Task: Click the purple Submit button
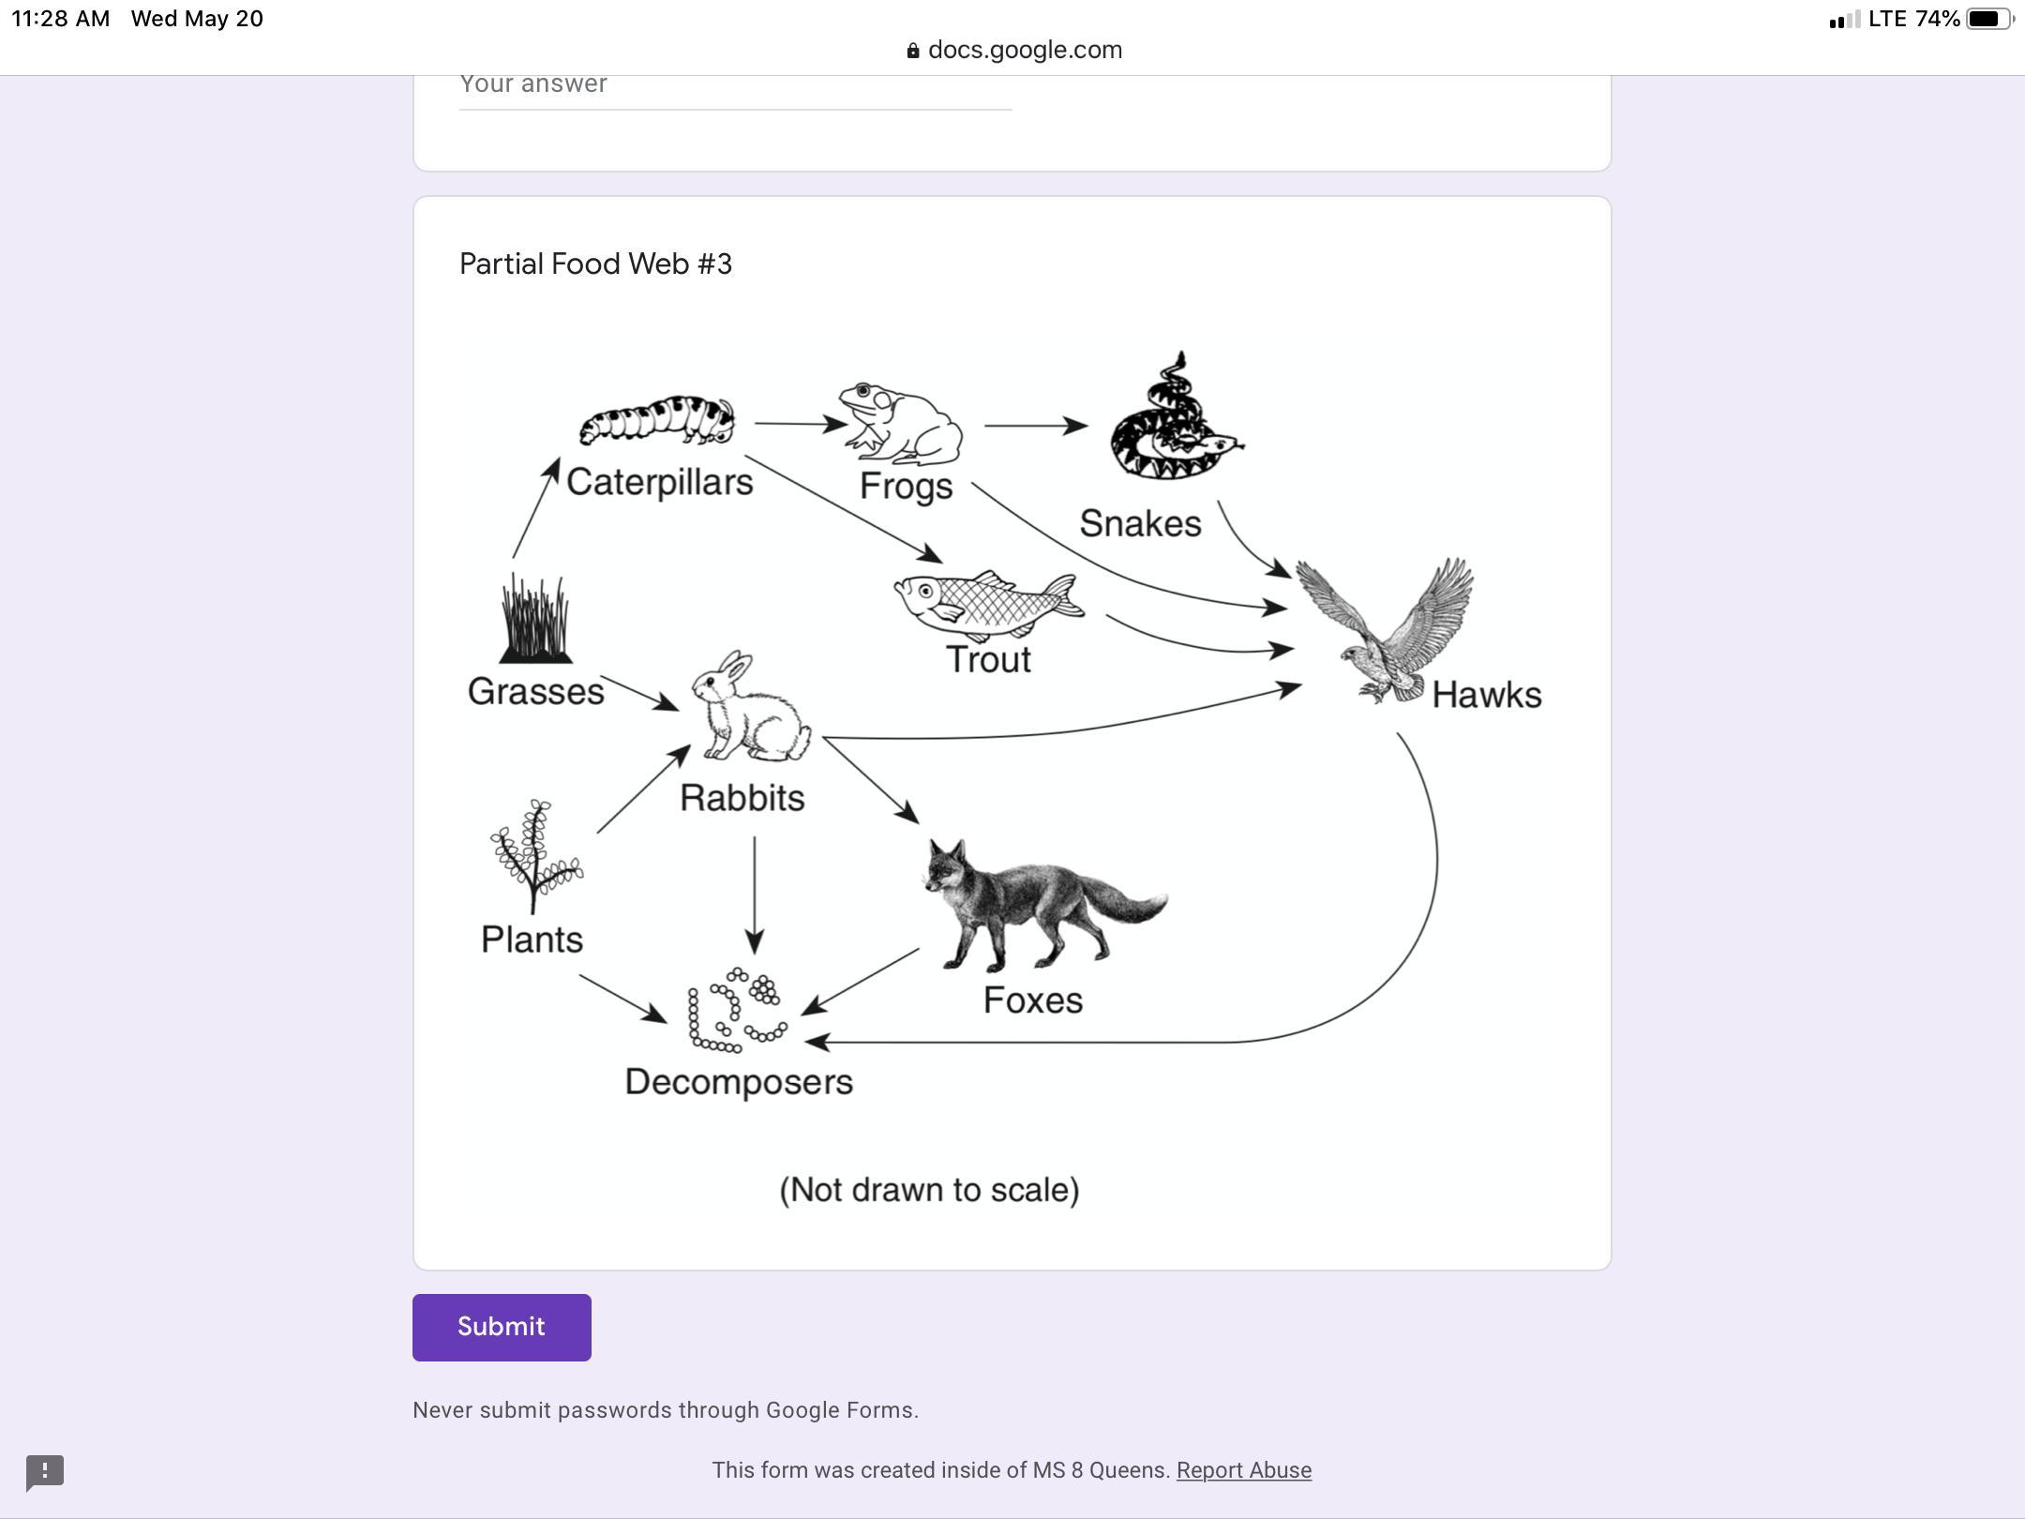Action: pos(502,1327)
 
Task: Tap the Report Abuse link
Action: pos(1243,1470)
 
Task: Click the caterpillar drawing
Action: pos(657,419)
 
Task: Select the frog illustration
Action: pos(901,423)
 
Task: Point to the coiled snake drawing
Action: pos(1173,423)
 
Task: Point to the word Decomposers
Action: pos(739,1082)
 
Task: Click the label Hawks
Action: pos(1486,696)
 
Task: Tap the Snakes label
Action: pos(1140,524)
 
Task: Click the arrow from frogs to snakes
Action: pos(1035,426)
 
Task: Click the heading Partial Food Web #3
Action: pos(595,264)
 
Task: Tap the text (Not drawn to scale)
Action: pos(929,1190)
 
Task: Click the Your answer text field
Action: pos(735,86)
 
